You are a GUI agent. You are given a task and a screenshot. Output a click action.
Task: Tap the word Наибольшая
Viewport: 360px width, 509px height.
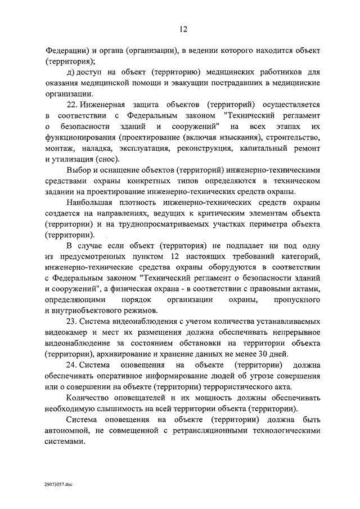coord(89,202)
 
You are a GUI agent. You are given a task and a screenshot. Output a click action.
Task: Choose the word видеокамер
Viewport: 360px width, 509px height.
coord(66,332)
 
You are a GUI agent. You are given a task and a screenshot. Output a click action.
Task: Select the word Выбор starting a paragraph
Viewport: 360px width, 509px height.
coord(78,170)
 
